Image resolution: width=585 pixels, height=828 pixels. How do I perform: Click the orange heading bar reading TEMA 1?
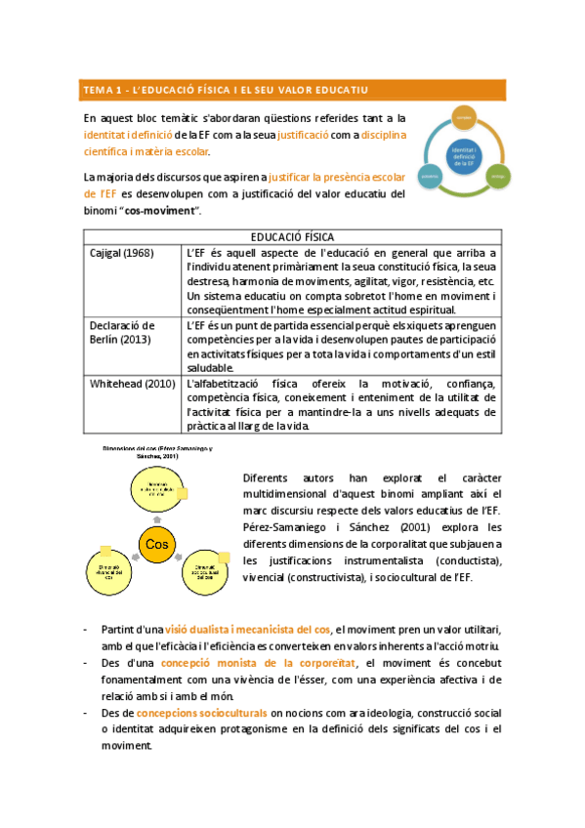tap(292, 90)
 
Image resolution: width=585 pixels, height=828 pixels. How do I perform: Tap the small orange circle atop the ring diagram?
tap(464, 119)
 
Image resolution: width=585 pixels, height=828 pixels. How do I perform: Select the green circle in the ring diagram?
tap(497, 176)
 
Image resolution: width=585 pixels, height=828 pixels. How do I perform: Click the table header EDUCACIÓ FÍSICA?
tap(292, 237)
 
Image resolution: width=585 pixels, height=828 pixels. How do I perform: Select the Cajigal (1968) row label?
tap(123, 253)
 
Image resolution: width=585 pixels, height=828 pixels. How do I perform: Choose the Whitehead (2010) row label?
tap(132, 384)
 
